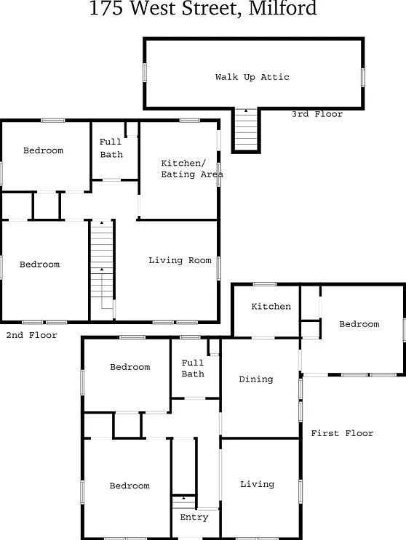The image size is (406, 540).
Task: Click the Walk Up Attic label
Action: point(252,77)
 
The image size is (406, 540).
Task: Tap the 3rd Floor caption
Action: point(317,114)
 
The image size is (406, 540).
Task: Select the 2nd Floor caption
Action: point(31,335)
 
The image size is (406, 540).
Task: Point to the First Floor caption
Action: point(342,433)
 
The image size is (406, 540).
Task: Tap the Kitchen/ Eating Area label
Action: point(192,169)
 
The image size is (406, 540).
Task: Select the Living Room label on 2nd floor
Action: point(180,260)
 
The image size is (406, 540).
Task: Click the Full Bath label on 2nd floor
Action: point(111,148)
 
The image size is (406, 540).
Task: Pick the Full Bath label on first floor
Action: point(193,368)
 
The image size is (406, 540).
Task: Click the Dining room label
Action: point(255,379)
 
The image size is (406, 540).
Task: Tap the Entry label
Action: point(194,517)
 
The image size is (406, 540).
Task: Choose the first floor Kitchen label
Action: point(271,307)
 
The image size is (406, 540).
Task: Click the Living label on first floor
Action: point(257,484)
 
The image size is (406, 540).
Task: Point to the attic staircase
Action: point(246,129)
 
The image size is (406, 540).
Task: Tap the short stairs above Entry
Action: point(183,502)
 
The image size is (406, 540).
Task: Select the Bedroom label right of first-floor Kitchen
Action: point(359,324)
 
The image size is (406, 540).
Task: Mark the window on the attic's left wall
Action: point(145,73)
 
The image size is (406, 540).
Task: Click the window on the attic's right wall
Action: point(363,78)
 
